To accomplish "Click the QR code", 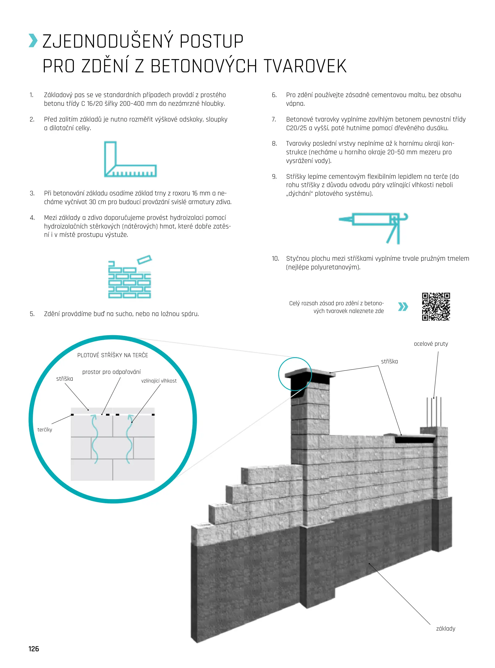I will pos(436,306).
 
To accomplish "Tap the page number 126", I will pos(34,649).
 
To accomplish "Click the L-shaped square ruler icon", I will pos(130,159).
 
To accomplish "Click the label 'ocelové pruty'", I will pos(431,344).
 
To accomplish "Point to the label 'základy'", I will pos(446,628).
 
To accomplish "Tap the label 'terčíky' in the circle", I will pos(45,430).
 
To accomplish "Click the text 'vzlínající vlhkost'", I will pos(159,381).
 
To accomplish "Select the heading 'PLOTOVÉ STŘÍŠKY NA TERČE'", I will pos(113,355).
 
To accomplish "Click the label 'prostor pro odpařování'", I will pos(111,372).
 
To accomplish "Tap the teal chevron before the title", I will pos(33,41).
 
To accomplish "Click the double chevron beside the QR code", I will pos(403,306).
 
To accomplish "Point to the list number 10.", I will pos(275,259).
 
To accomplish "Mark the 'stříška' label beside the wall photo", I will pos(389,362).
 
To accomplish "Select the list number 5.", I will pos(32,314).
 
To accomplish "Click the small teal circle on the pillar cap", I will pos(295,374).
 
